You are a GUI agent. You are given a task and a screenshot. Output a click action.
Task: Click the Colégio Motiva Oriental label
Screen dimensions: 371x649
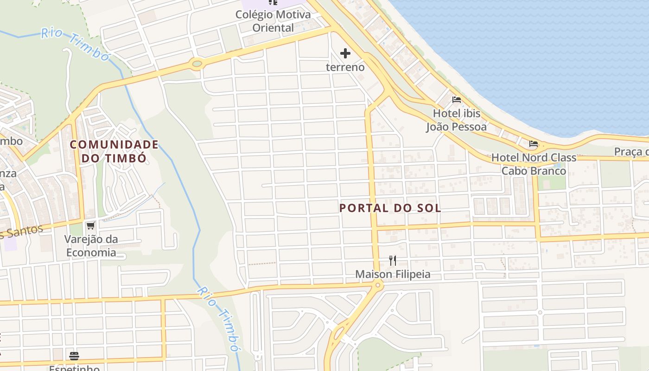pos(273,21)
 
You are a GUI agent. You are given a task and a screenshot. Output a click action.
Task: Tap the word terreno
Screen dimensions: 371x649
pos(345,67)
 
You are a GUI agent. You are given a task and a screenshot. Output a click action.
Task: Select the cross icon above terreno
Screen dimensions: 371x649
pos(345,54)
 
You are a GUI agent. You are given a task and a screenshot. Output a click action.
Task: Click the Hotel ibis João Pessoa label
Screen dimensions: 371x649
pos(457,120)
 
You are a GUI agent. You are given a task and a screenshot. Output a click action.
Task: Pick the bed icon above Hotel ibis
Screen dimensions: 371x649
pos(457,100)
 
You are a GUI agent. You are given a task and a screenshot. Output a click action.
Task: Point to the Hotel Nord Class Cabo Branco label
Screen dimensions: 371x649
pos(534,164)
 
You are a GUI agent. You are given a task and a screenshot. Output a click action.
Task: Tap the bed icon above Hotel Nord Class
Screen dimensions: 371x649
pos(534,144)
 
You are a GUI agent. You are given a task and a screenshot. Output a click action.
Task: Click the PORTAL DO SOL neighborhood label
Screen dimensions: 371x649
pos(390,208)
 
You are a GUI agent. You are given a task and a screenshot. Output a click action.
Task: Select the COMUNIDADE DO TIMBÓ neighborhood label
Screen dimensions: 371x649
pos(115,151)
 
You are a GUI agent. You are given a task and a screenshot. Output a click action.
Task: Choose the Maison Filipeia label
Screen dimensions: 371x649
pos(393,275)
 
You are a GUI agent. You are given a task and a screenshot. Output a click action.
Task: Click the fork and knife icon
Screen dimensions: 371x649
pos(393,261)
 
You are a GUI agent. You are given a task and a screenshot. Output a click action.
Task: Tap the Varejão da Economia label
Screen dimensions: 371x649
pos(91,246)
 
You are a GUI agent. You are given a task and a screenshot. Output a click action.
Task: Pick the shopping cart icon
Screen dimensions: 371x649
pos(90,226)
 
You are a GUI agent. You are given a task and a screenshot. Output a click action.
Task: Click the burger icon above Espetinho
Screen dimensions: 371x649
pos(74,356)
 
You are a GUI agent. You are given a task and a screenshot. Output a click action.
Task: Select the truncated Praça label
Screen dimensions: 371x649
pos(631,152)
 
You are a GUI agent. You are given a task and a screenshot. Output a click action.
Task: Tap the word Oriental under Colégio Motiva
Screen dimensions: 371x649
pos(273,28)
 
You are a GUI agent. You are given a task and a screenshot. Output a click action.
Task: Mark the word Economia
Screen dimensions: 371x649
pos(91,253)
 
